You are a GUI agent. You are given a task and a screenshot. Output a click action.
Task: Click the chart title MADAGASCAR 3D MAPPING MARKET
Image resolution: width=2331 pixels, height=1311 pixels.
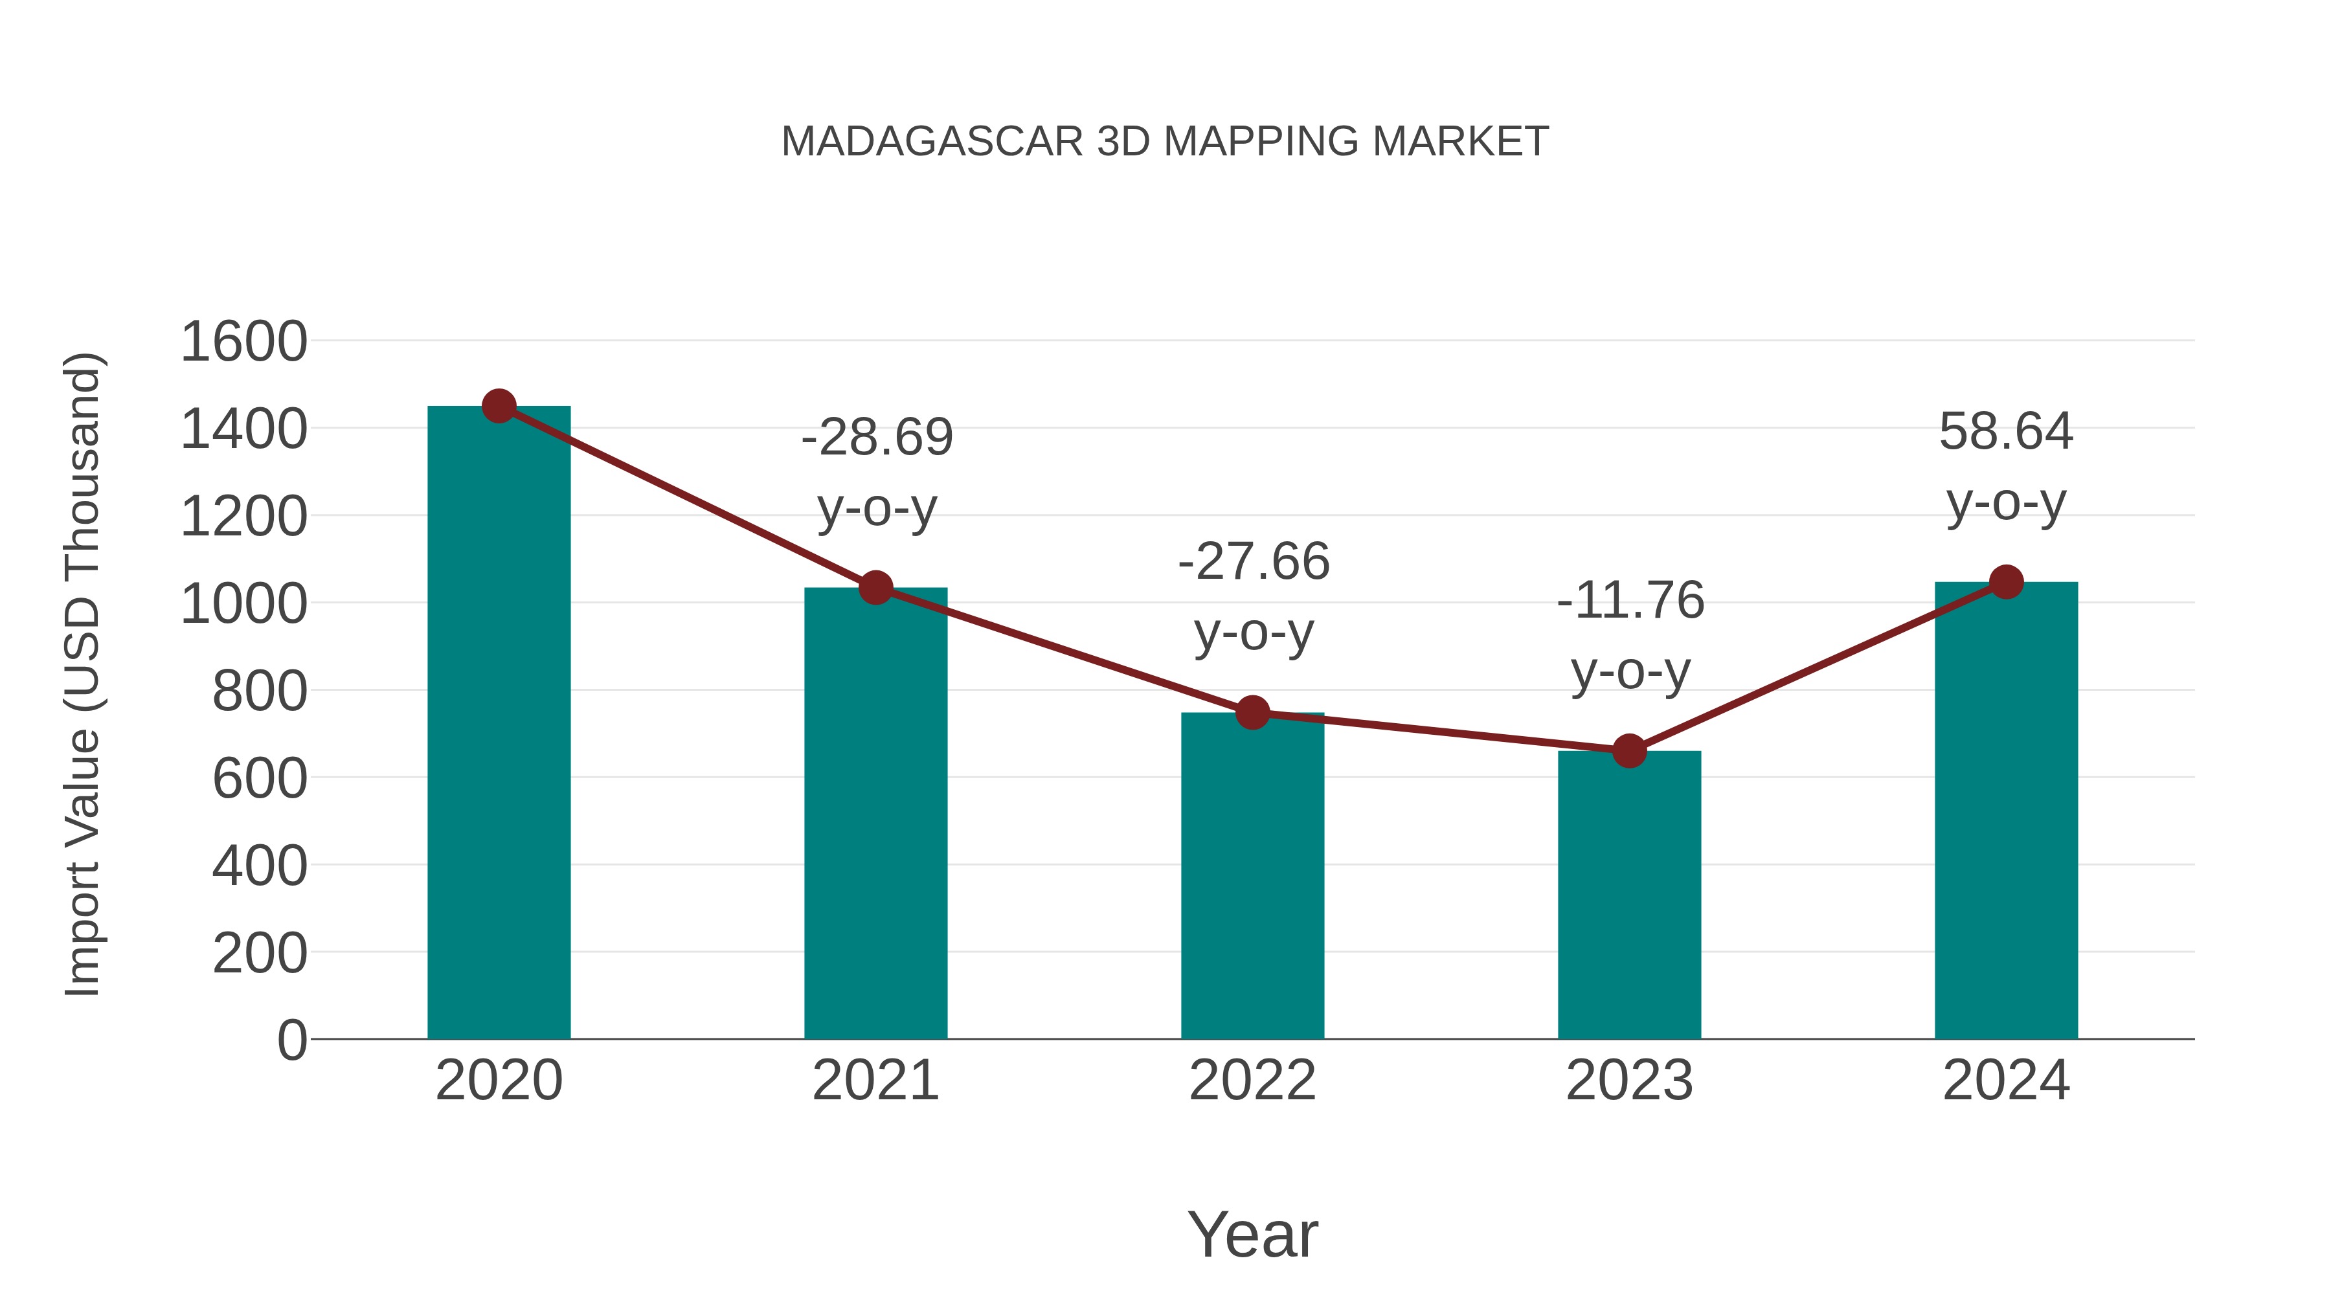tap(1165, 142)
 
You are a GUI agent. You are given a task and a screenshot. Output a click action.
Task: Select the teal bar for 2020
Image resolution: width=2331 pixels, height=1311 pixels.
tap(499, 724)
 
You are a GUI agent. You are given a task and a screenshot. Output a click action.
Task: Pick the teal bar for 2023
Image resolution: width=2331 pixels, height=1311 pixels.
tap(1629, 896)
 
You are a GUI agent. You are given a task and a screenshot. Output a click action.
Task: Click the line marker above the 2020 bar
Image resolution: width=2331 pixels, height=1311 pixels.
tap(499, 406)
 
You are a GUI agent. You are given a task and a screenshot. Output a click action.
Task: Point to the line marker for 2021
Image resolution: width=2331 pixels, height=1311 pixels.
tap(875, 588)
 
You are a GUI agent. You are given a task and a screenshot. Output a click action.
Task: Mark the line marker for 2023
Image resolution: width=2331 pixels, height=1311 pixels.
tap(1629, 751)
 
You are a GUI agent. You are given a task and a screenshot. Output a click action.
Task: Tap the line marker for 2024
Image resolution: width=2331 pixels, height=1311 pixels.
tap(2006, 582)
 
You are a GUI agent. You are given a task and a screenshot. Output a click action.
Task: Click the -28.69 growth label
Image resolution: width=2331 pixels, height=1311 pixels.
tap(877, 438)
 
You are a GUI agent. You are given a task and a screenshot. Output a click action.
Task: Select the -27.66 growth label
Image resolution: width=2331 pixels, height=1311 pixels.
tap(1254, 562)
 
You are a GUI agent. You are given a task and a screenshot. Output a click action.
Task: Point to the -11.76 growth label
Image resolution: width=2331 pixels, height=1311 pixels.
tap(1630, 601)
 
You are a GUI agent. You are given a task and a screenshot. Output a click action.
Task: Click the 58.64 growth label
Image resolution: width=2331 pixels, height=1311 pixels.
tap(2005, 432)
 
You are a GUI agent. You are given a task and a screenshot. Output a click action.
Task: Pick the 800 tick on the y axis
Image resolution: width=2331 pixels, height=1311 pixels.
tap(259, 691)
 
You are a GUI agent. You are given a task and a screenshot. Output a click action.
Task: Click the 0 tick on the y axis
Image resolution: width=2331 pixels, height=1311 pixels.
tap(291, 1040)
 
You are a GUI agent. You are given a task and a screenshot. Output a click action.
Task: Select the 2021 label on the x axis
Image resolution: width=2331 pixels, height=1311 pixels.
tap(875, 1081)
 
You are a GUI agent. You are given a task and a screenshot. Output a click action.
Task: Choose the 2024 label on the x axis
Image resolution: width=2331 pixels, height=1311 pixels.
tap(2005, 1081)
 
